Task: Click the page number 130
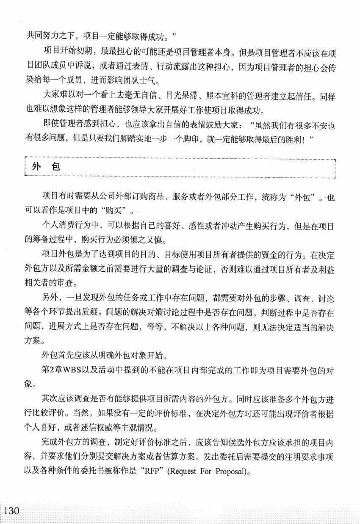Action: pyautogui.click(x=12, y=510)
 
